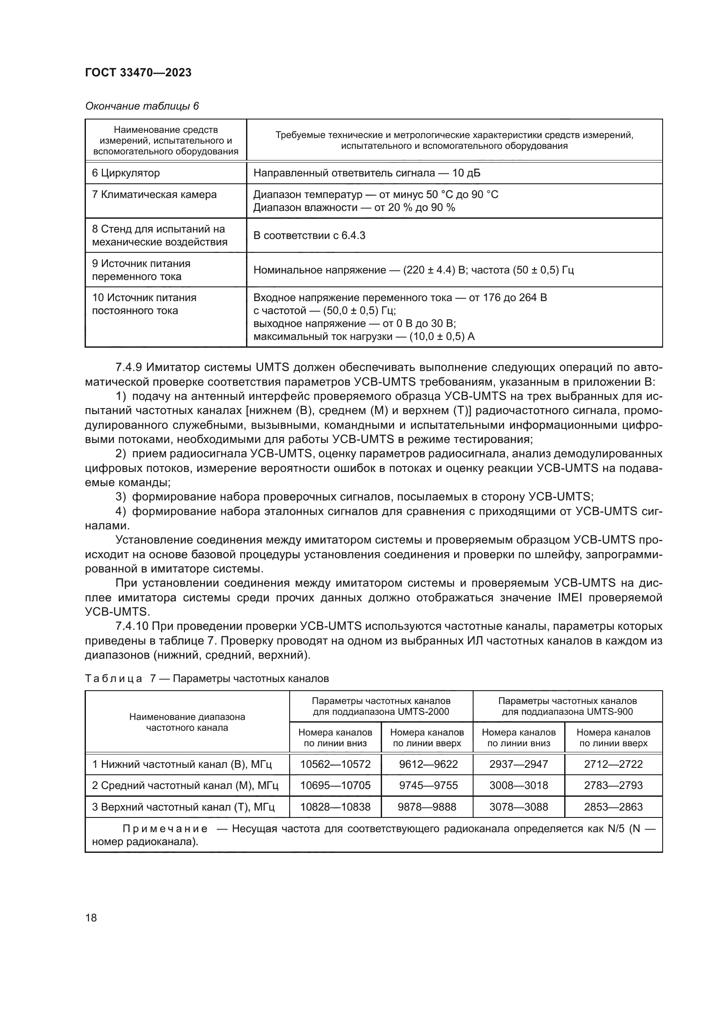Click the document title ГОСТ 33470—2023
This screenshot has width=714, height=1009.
138,73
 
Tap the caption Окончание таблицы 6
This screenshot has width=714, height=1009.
142,106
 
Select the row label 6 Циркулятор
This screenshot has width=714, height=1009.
126,173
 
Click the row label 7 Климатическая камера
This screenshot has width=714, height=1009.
154,194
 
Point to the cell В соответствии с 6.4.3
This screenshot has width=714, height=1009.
309,235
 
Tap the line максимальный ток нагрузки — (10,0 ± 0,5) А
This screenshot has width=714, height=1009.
363,336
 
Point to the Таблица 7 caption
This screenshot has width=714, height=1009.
207,679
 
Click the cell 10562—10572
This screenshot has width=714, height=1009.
335,764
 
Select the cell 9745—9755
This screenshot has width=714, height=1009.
428,785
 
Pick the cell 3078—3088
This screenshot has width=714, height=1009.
519,807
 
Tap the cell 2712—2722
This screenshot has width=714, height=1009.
613,764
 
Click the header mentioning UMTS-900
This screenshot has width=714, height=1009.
567,706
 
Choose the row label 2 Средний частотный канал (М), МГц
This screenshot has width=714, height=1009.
185,785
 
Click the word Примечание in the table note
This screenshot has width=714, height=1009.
165,829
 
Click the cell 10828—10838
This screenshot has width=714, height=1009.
335,807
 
